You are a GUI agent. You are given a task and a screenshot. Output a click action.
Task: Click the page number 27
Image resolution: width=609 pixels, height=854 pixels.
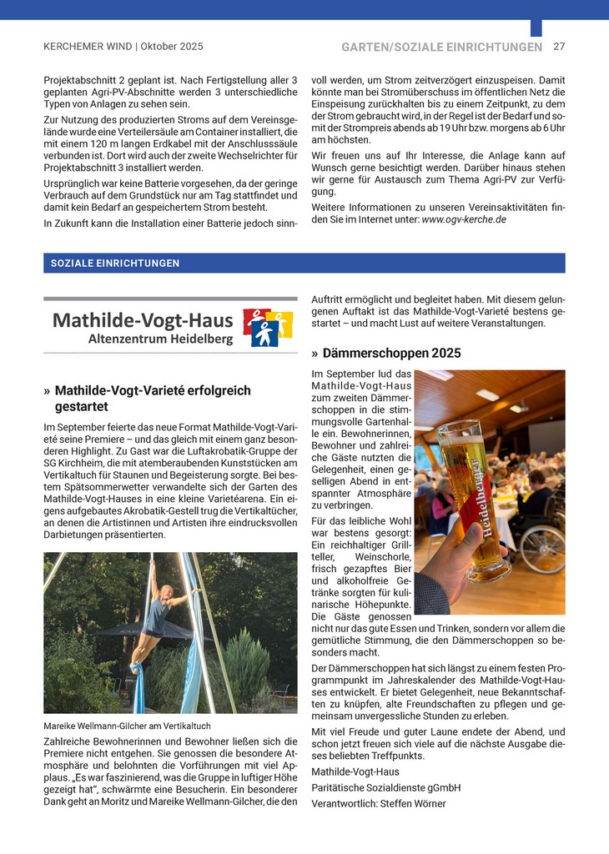coord(559,47)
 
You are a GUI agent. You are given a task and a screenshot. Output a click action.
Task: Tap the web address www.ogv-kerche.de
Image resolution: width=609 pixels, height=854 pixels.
coord(464,219)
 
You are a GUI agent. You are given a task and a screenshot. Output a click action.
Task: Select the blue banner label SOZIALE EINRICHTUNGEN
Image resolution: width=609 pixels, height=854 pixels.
coord(115,264)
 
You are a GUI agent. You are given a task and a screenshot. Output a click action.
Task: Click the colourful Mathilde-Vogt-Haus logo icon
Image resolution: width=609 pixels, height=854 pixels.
coord(268,328)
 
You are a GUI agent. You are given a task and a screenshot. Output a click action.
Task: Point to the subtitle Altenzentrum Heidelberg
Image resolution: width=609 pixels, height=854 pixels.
coord(160,339)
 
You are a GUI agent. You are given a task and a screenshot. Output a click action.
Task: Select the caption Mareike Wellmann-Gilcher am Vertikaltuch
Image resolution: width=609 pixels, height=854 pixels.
coord(127,726)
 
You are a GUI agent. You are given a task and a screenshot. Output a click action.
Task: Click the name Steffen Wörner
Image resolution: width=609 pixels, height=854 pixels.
coord(413,804)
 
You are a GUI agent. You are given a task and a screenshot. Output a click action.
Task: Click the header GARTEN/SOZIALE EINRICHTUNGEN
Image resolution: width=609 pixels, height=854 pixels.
coord(441,48)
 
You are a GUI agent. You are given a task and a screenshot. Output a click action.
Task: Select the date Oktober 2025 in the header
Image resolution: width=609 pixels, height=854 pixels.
coord(172,47)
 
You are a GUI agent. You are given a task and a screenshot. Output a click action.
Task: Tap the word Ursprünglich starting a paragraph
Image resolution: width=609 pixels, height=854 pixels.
coord(73,182)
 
